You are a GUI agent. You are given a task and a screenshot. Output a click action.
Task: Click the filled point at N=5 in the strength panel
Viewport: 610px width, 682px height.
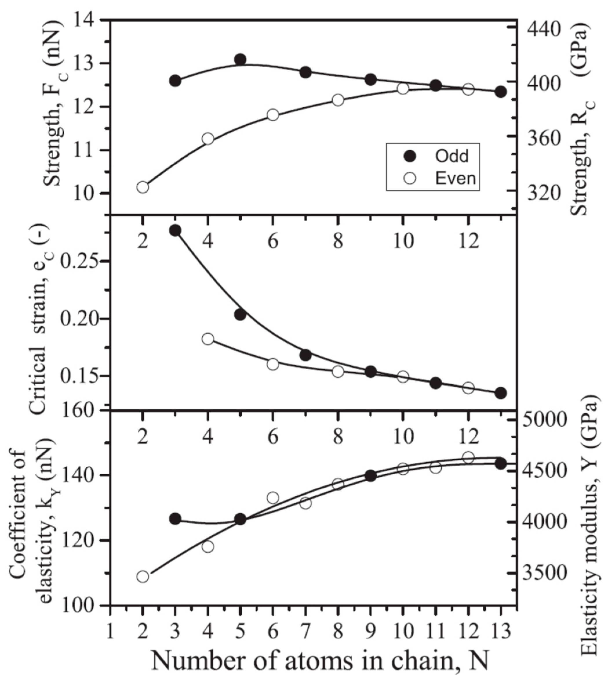click(240, 60)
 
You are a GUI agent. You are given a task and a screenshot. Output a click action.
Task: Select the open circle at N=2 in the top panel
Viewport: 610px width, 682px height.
click(143, 187)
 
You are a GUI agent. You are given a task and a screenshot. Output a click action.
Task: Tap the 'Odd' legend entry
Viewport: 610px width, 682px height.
click(451, 156)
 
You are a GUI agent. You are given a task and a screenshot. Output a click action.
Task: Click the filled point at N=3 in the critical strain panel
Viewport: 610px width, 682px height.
click(175, 230)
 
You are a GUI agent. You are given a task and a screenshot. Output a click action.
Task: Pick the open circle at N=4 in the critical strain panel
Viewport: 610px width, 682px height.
click(207, 339)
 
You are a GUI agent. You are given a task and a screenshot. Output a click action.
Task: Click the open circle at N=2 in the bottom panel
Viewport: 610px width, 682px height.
click(143, 576)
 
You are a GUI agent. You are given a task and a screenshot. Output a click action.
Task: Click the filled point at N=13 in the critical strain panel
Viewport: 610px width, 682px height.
click(501, 393)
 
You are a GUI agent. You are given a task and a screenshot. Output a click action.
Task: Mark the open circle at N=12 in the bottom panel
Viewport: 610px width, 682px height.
click(468, 457)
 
